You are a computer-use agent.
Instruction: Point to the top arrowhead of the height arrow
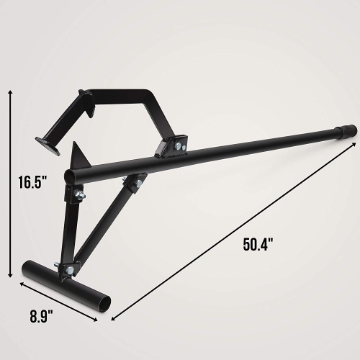click(x=11, y=91)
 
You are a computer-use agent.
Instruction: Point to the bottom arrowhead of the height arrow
click(x=11, y=274)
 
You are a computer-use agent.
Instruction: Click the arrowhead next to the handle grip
click(x=352, y=144)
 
